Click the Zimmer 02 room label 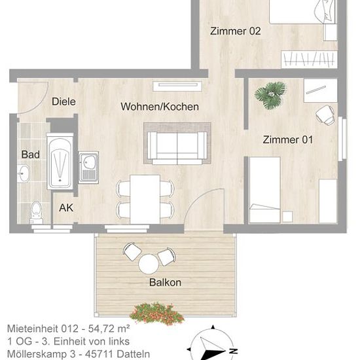click(x=236, y=31)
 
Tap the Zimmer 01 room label click(x=288, y=139)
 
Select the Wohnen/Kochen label click(x=160, y=107)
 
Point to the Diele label click(x=63, y=101)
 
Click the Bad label click(x=30, y=154)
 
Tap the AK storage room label click(x=66, y=207)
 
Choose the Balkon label click(x=165, y=282)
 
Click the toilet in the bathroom click(x=36, y=212)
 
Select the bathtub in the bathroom click(x=60, y=162)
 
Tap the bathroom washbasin click(x=23, y=173)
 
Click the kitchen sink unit click(x=88, y=168)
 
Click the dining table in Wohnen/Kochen click(x=145, y=199)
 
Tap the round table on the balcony click(x=149, y=264)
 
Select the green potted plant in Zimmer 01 click(x=271, y=96)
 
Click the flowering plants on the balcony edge click(x=157, y=314)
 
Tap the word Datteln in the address click(x=133, y=354)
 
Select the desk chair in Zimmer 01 click(x=325, y=115)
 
